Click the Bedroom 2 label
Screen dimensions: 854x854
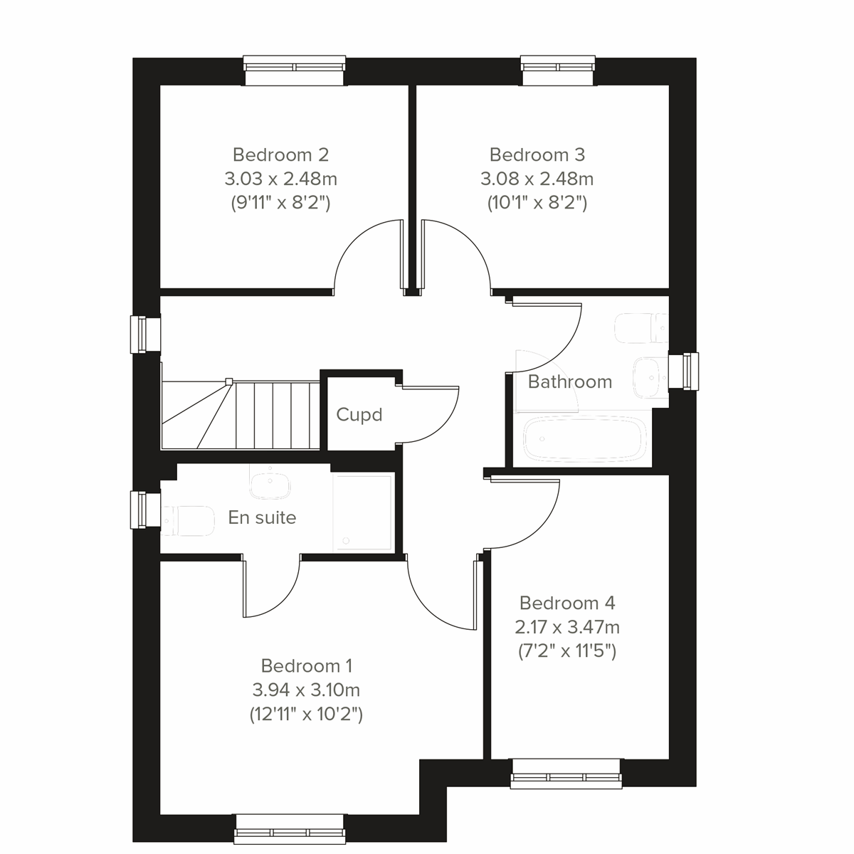pos(280,154)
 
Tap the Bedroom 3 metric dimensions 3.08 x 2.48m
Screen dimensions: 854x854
pos(537,179)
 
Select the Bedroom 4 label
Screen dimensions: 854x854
pos(567,603)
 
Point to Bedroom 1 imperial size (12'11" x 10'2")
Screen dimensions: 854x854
pos(306,714)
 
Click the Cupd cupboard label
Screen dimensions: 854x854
pos(359,415)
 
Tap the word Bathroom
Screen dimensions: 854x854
pos(570,382)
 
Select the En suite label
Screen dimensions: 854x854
pos(262,517)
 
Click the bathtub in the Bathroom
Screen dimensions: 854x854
pos(584,439)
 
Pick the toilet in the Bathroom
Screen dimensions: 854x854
pos(640,329)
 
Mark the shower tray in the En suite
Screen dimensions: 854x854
pos(364,512)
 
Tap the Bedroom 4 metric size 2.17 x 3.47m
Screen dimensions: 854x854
pos(567,628)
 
